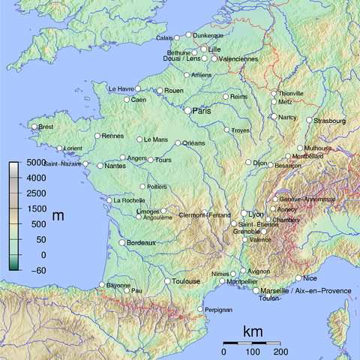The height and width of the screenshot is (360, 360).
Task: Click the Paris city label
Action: click(x=202, y=111)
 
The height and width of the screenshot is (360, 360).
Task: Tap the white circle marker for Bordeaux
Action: click(x=122, y=243)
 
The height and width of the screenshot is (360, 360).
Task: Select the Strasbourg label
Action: click(x=330, y=120)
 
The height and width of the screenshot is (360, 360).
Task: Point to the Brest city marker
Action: click(x=34, y=127)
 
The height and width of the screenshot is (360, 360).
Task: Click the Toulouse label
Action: click(x=186, y=281)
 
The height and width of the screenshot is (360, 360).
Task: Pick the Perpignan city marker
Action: click(x=199, y=309)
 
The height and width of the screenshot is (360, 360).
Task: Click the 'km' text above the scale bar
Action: click(x=253, y=331)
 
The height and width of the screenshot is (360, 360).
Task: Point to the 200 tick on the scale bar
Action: click(x=281, y=352)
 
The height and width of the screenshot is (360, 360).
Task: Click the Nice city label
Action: click(x=310, y=279)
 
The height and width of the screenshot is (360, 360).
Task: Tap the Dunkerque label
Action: click(x=208, y=35)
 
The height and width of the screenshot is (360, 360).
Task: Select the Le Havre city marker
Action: click(x=137, y=88)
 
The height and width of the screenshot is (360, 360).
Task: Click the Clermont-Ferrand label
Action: click(x=204, y=215)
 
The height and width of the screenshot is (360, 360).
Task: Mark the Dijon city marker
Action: click(x=248, y=162)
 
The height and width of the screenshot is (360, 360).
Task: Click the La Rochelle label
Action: click(x=129, y=200)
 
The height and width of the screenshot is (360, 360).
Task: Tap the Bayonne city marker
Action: click(x=102, y=285)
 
